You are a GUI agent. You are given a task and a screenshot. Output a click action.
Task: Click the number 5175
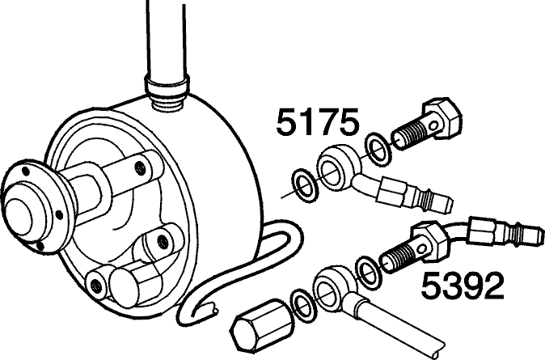[317, 121]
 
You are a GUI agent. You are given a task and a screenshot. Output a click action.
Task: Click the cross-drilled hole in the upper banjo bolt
[433, 126]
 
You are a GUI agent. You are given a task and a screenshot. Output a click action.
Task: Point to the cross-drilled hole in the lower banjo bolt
[421, 249]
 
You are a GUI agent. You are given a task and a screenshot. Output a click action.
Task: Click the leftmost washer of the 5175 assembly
[306, 186]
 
